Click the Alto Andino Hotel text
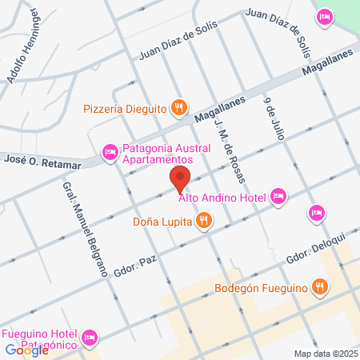222,197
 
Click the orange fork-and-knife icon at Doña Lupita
205,219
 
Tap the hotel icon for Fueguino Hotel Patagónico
90,338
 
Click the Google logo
26,350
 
